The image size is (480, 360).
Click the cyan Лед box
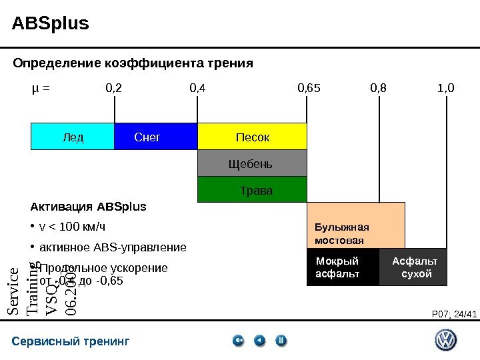click(x=73, y=137)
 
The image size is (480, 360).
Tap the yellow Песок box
click(x=252, y=137)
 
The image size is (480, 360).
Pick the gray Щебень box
click(x=252, y=163)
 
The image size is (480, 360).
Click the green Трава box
click(x=252, y=189)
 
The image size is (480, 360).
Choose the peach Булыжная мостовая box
click(x=355, y=225)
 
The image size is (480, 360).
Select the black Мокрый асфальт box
click(x=342, y=267)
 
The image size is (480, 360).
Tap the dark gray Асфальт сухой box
click(x=413, y=267)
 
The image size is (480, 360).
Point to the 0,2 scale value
click(x=114, y=87)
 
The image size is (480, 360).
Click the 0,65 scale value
click(x=309, y=87)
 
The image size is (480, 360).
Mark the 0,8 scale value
click(x=378, y=87)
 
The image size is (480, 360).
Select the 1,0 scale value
click(x=445, y=87)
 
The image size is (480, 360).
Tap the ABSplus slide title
click(x=51, y=24)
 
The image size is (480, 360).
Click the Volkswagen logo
click(x=445, y=341)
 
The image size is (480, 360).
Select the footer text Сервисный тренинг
click(x=71, y=342)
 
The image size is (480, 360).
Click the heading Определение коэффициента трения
click(x=133, y=64)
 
